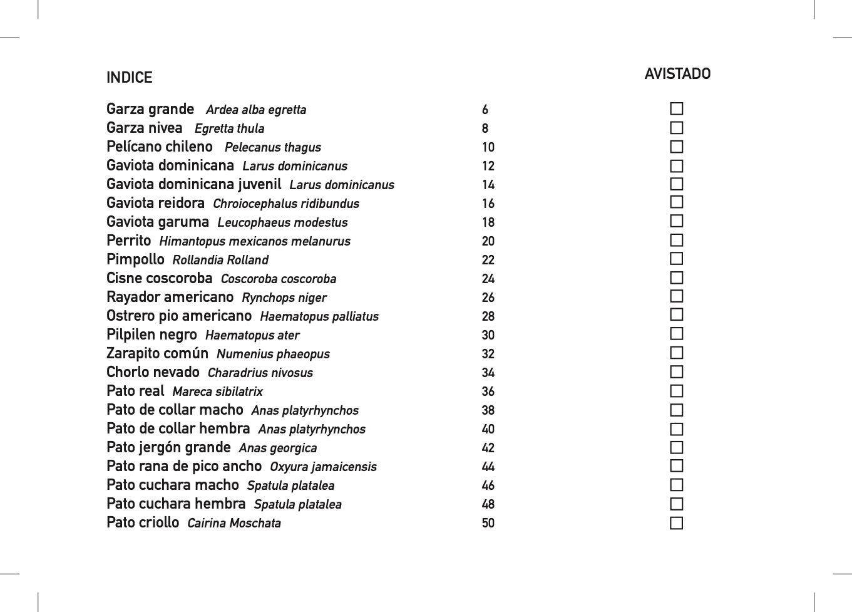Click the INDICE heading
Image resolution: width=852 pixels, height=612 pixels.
(x=129, y=78)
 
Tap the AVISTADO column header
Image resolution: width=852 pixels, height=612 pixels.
(x=677, y=74)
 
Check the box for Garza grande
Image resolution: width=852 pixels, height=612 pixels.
(x=676, y=109)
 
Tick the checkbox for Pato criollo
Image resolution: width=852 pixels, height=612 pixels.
(x=676, y=523)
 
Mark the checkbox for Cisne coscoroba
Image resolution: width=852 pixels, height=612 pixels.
(x=676, y=278)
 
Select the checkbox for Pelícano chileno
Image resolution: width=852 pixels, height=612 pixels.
(x=676, y=147)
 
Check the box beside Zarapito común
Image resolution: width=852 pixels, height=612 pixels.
(x=676, y=353)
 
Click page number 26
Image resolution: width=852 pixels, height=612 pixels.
(x=488, y=298)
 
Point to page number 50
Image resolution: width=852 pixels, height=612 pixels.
(x=488, y=523)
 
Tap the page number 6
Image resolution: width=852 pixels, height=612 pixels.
(x=485, y=110)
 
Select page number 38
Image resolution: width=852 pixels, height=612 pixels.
(x=488, y=410)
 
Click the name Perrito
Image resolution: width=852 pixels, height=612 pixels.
(x=129, y=241)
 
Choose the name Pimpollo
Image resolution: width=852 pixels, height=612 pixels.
(x=135, y=259)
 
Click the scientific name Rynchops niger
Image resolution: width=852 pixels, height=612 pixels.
(x=284, y=298)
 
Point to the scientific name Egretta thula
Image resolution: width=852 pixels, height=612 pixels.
(x=229, y=128)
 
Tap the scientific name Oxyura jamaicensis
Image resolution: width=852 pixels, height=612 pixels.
(x=323, y=467)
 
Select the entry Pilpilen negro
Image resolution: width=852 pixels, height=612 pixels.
(x=151, y=335)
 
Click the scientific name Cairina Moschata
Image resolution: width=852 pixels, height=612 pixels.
(x=234, y=523)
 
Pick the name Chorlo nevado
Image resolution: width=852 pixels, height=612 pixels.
(x=153, y=372)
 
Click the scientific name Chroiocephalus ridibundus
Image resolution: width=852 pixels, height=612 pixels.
(x=286, y=204)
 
